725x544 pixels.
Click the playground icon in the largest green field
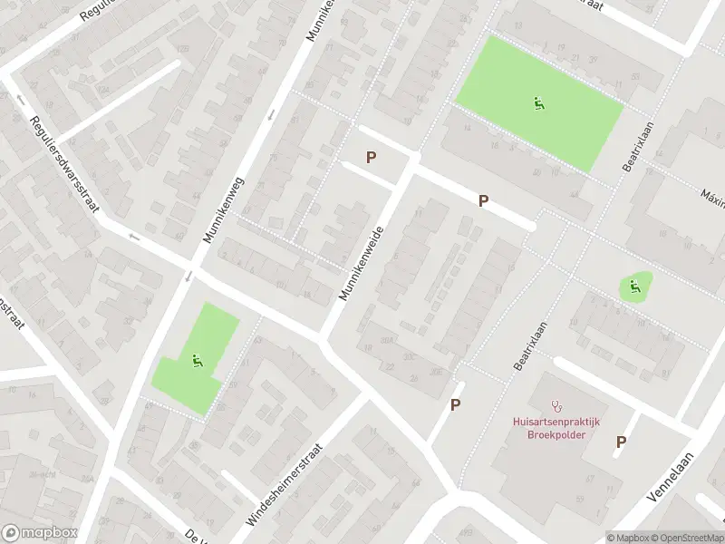point(539,103)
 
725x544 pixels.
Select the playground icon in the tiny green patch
point(635,288)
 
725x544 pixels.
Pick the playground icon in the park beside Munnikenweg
point(196,361)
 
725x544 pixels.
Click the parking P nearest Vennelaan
point(622,442)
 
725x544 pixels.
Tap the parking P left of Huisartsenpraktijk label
point(456,405)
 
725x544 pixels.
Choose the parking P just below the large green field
point(484,200)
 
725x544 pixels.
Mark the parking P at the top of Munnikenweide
point(371,158)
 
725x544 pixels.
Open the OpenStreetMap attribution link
point(686,537)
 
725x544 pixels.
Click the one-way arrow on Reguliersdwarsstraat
point(134,238)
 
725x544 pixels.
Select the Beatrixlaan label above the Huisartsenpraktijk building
point(532,345)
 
